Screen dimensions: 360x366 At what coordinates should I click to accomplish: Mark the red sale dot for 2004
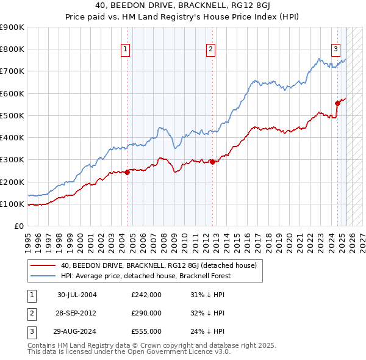(x=127, y=173)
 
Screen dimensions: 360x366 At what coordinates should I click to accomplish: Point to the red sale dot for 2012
(x=212, y=162)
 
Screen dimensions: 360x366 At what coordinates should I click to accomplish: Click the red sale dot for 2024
(x=337, y=103)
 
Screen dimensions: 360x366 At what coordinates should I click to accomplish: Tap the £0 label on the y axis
(x=19, y=226)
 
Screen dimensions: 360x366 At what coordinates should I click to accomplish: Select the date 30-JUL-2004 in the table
(x=77, y=295)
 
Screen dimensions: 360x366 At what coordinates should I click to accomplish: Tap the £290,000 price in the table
(x=146, y=313)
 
